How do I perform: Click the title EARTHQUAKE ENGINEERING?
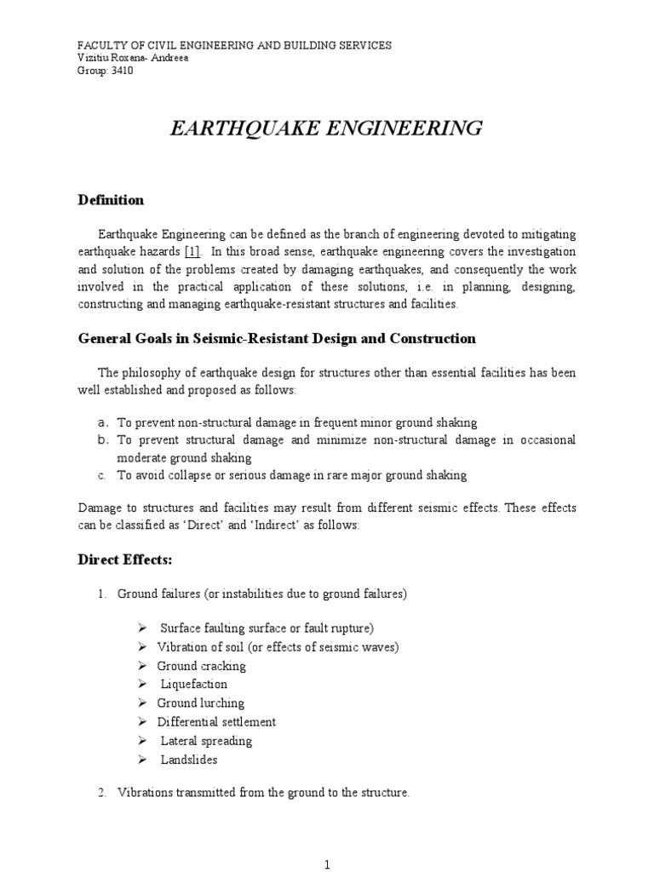pyautogui.click(x=327, y=129)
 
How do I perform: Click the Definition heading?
pyautogui.click(x=111, y=200)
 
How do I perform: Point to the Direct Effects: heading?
pyautogui.click(x=125, y=562)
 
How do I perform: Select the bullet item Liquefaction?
pyautogui.click(x=194, y=684)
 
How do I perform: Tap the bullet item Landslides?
pyautogui.click(x=189, y=759)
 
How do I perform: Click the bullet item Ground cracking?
pyautogui.click(x=201, y=665)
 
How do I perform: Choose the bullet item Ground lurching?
pyautogui.click(x=200, y=703)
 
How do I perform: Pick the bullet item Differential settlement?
pyautogui.click(x=216, y=721)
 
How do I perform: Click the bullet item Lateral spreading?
pyautogui.click(x=206, y=740)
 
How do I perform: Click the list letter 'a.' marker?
pyautogui.click(x=101, y=422)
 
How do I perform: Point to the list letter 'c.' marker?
pyautogui.click(x=101, y=475)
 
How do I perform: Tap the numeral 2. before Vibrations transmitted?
pyautogui.click(x=101, y=792)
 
